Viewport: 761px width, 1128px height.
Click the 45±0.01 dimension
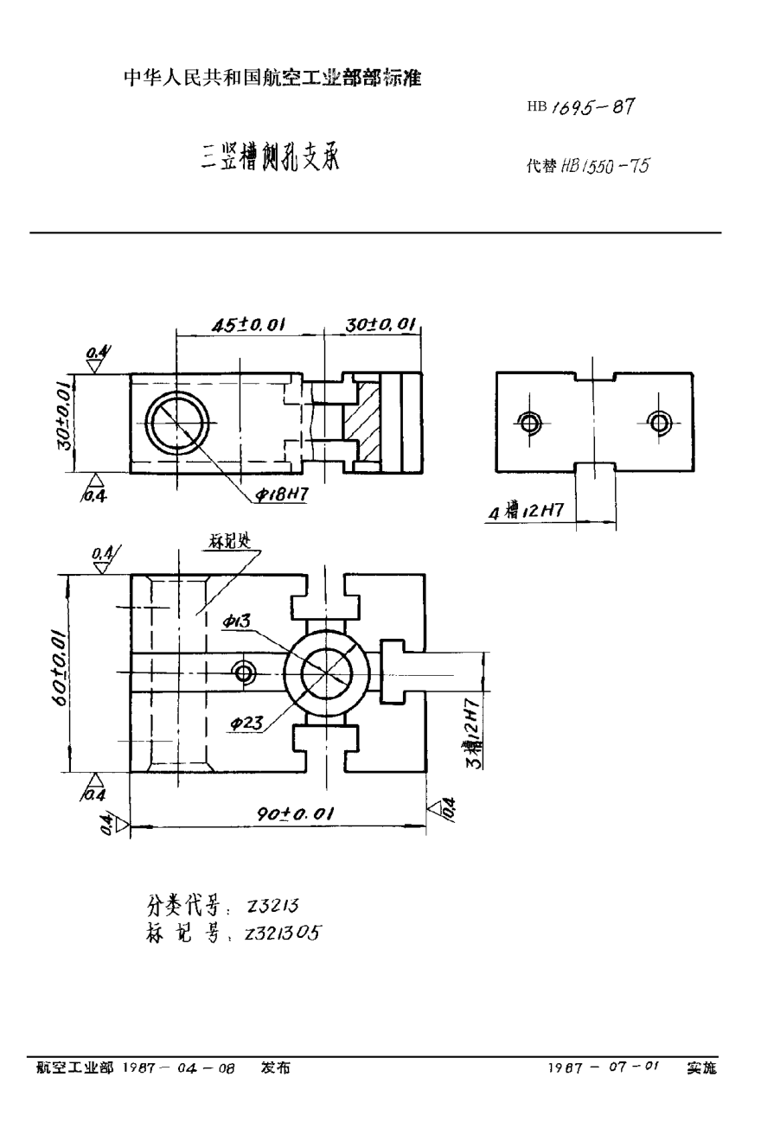(x=249, y=324)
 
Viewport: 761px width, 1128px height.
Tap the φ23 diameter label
(x=247, y=724)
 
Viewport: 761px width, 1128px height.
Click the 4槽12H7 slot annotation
(x=526, y=511)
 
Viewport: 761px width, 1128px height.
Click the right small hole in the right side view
(x=660, y=422)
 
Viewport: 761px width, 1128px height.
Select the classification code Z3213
(x=272, y=905)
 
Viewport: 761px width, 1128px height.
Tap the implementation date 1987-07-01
(x=603, y=1068)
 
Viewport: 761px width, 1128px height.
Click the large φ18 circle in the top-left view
(x=176, y=422)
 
